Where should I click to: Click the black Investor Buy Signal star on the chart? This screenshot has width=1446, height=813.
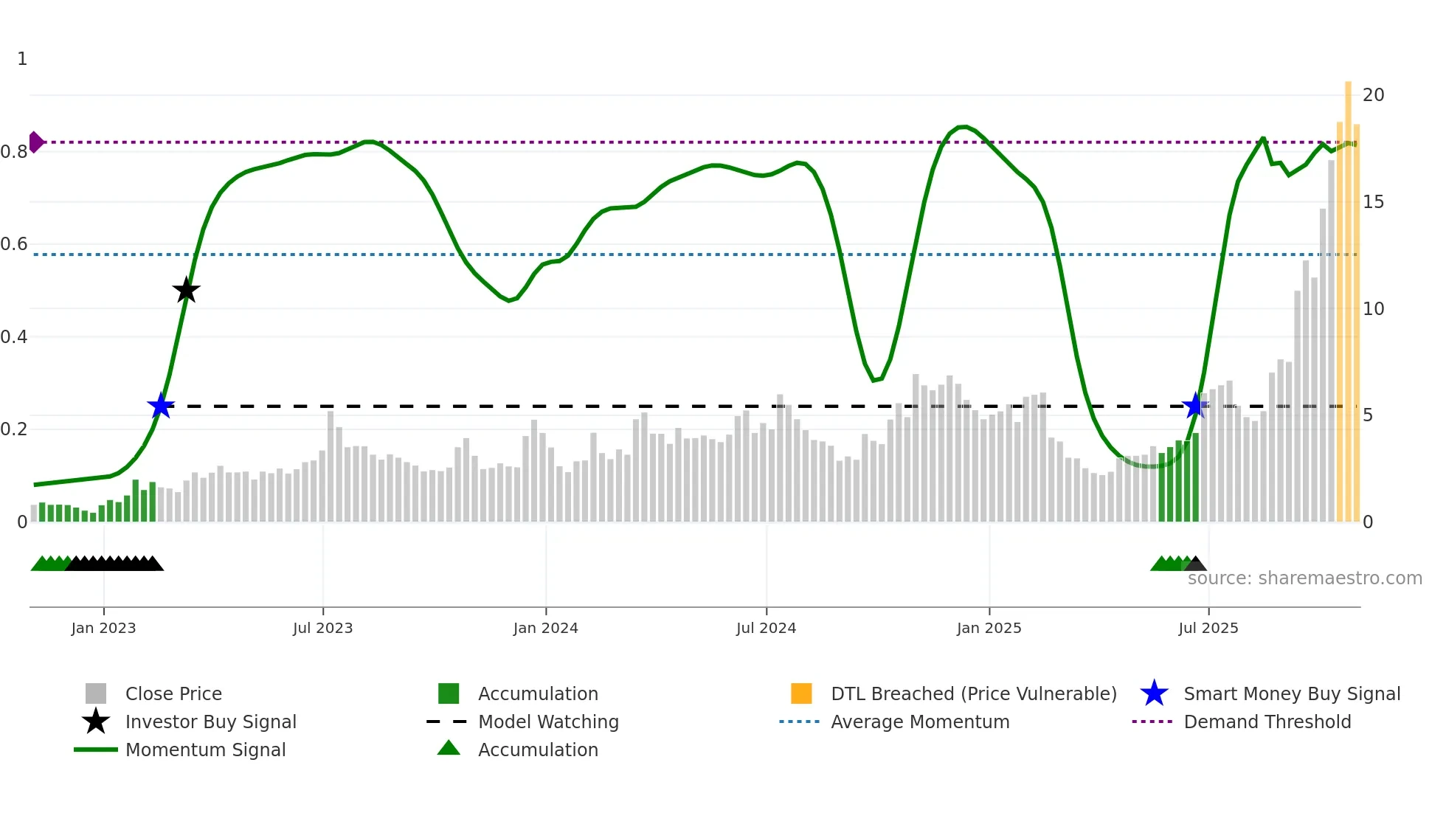(186, 290)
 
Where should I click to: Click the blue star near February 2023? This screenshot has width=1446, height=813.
(160, 406)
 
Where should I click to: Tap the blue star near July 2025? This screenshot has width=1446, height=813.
(1194, 405)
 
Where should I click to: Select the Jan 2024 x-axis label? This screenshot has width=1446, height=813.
(545, 628)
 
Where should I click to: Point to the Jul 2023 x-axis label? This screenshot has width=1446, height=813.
(322, 628)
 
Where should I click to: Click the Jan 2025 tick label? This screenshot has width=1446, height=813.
(989, 628)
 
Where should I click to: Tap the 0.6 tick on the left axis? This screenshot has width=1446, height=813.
(15, 244)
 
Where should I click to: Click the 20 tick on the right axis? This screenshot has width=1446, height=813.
(1373, 94)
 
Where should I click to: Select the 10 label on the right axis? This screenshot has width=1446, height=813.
(1373, 308)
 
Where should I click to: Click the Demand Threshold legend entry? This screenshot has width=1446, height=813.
(1267, 722)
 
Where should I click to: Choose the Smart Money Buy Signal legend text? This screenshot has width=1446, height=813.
(1291, 693)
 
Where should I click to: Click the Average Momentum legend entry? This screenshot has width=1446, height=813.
(919, 722)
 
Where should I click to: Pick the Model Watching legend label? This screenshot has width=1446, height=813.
(548, 722)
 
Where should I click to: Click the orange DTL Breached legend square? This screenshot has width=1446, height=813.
(801, 693)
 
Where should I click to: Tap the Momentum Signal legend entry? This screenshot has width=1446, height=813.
(205, 750)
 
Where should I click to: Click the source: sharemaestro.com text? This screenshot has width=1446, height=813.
(1304, 578)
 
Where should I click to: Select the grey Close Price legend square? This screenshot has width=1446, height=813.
(96, 693)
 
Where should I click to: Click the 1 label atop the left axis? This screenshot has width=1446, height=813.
(22, 59)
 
